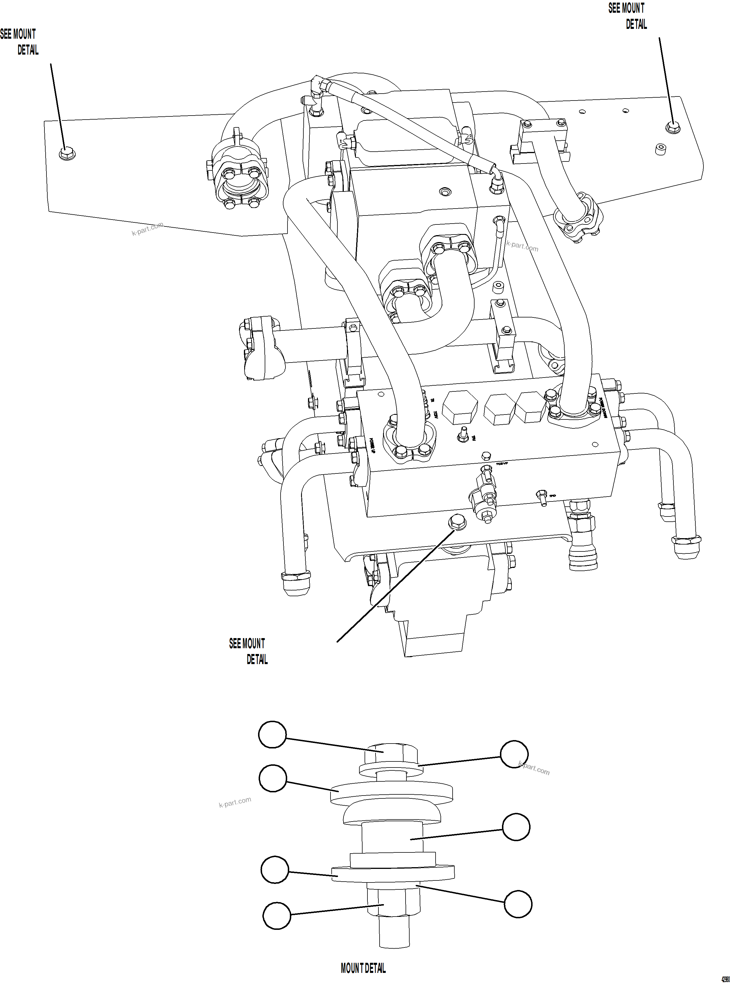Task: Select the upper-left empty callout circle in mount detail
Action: point(272,735)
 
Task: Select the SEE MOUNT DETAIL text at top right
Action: point(628,16)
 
